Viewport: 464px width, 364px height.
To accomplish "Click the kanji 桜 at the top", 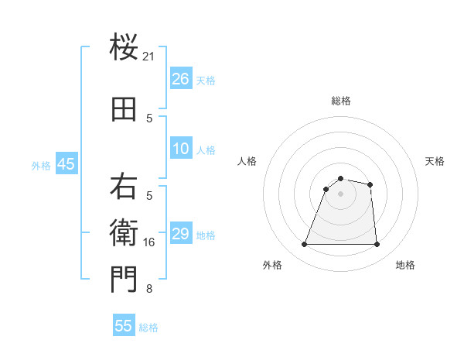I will coord(124,48).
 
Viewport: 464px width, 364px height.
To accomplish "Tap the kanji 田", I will coord(124,110).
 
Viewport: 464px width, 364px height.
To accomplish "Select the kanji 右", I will coord(124,187).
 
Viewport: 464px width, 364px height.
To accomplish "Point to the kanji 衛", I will coord(124,233).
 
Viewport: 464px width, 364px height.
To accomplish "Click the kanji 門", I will coord(124,280).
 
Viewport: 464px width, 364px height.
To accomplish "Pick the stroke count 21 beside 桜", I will coord(149,57).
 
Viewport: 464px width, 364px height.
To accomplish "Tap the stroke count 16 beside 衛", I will coord(149,242).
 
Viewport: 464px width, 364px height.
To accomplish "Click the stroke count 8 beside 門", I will coord(149,289).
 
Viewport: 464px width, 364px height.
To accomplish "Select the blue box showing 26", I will coord(181,79).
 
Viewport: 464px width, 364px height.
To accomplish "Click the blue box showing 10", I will coord(181,149).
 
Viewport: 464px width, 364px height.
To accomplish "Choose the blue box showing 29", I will coord(181,234).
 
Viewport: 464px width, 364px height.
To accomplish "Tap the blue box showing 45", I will coord(66,164).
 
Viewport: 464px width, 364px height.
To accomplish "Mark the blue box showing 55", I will coord(124,326).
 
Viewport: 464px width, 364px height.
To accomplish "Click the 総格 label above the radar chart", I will coord(340,101).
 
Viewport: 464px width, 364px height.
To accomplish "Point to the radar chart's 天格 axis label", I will coord(435,161).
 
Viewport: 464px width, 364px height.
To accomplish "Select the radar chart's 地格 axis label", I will coord(405,265).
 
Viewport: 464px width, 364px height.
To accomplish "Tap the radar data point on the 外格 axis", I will coord(305,245).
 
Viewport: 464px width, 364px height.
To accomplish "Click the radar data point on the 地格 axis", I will coord(377,245).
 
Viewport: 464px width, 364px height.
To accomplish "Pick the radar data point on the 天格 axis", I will coord(370,184).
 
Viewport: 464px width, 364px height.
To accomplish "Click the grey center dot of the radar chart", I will coord(340,194).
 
